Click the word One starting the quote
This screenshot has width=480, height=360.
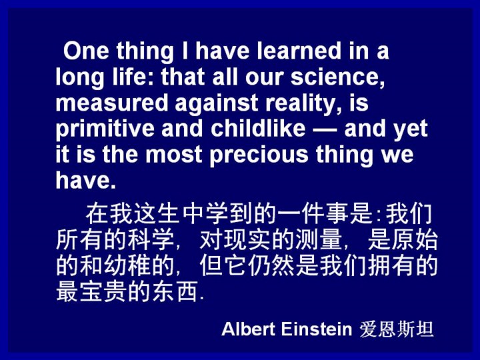coord(86,51)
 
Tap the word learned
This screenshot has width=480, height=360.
coord(299,51)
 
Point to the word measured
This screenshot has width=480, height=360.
coord(112,103)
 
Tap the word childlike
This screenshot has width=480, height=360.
coord(258,128)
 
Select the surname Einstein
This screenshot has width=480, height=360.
coord(317,329)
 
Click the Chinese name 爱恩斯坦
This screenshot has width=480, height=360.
coord(397,329)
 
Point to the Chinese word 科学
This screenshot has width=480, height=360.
coord(151,239)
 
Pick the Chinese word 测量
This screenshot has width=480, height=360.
coord(319,239)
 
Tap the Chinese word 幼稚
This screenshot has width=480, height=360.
coord(127,265)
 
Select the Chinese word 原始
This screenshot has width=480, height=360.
coord(415,239)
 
